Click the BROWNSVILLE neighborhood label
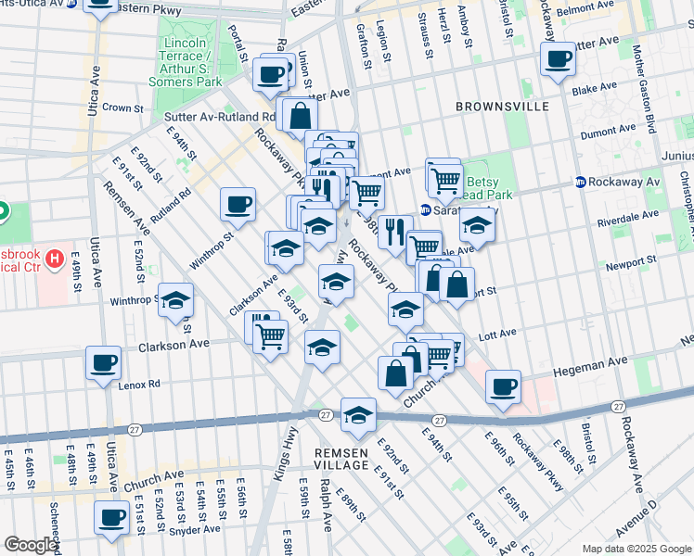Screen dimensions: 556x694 [502, 107]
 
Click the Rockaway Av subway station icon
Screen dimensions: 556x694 [580, 182]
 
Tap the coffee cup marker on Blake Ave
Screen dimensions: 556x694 [558, 60]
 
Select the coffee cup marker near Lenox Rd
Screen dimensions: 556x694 [104, 361]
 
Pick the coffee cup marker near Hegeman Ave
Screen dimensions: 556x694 [503, 385]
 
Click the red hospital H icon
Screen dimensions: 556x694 [55, 257]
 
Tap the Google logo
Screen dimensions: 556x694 [31, 545]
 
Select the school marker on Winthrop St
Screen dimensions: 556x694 [175, 301]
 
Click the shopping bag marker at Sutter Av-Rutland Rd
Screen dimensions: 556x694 [301, 117]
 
